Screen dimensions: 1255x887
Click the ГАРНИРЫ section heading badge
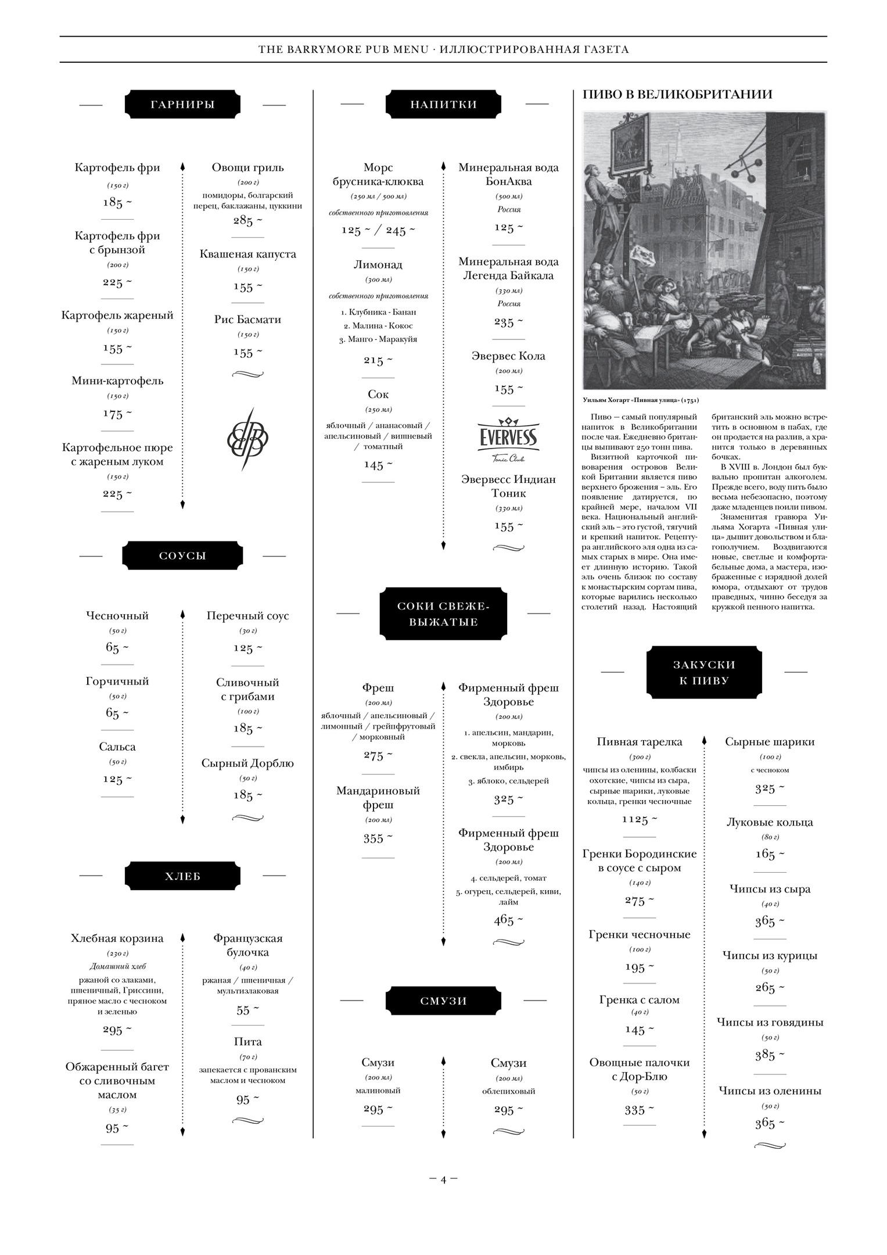[x=182, y=105]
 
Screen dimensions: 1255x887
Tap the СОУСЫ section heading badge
[x=182, y=556]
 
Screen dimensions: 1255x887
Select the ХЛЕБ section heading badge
[x=182, y=877]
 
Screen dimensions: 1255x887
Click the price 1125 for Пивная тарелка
[x=639, y=819]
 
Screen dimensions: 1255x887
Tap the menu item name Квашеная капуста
[x=247, y=254]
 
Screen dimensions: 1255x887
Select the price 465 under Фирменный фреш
[x=508, y=920]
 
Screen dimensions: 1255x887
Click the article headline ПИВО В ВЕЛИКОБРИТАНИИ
[x=677, y=94]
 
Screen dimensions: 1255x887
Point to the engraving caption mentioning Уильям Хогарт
[x=641, y=400]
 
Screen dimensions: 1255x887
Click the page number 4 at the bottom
[x=443, y=1179]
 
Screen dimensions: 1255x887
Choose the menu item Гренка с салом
[x=639, y=1000]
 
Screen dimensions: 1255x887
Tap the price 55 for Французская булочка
[x=247, y=1010]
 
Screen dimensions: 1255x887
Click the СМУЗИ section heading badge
[x=443, y=1001]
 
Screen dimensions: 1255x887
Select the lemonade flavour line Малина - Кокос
[x=378, y=325]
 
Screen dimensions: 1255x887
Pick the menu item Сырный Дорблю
[x=247, y=763]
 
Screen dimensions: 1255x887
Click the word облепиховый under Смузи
[x=508, y=1091]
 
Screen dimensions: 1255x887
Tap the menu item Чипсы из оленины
[x=770, y=1091]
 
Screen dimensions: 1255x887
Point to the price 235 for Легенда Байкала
[x=508, y=322]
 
